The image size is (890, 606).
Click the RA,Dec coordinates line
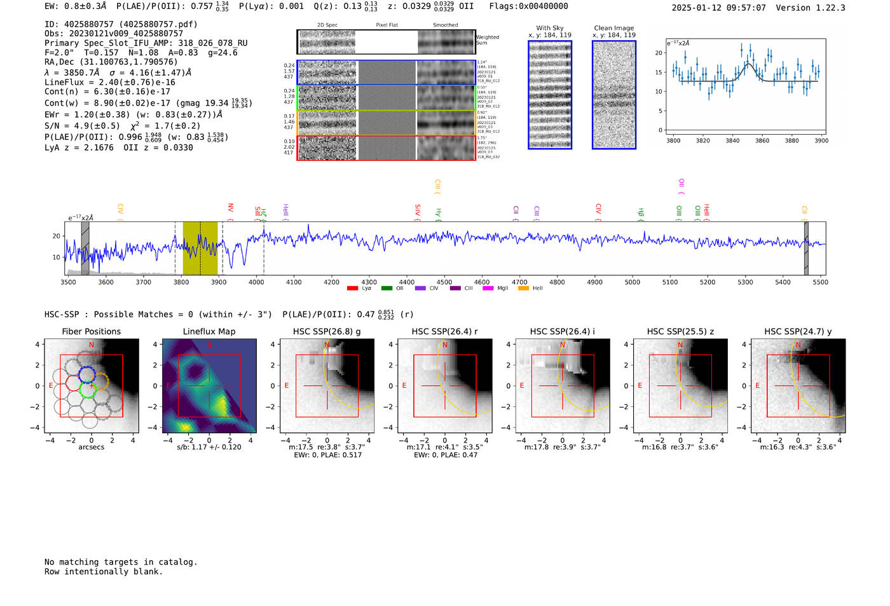point(111,62)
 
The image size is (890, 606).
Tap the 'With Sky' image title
point(549,28)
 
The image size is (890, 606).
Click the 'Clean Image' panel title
point(613,28)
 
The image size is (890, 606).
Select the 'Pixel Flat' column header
point(387,25)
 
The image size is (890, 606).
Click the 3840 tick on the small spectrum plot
point(732,141)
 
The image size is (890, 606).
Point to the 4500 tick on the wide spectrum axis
point(444,282)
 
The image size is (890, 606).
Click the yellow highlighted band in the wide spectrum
point(200,248)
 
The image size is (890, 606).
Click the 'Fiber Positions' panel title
point(91,331)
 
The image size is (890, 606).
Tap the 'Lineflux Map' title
point(209,331)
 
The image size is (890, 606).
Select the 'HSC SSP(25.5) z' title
point(680,331)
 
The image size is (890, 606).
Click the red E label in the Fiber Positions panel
point(51,386)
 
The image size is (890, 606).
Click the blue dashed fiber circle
point(86,374)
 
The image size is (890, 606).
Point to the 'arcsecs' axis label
point(91,447)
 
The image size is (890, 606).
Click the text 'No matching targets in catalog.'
point(121,562)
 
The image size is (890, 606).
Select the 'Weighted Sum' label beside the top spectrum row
point(488,40)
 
